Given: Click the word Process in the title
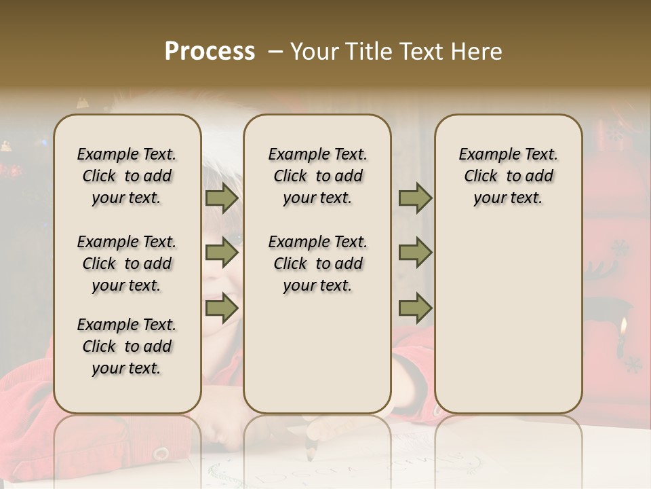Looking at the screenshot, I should [210, 52].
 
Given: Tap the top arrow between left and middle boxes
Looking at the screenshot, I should [221, 198].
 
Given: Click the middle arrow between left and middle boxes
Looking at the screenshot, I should [221, 253].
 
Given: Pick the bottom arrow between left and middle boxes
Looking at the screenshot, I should [221, 308].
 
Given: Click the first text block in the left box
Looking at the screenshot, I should [127, 176].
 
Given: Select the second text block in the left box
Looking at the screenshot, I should [127, 264].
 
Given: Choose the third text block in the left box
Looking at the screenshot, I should [127, 346].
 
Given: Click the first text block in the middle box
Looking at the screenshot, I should [317, 176].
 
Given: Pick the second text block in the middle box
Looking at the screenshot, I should [317, 264].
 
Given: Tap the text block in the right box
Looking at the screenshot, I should [508, 176].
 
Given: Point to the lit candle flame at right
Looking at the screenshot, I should [622, 327].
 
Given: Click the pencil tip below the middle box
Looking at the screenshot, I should [310, 456].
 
